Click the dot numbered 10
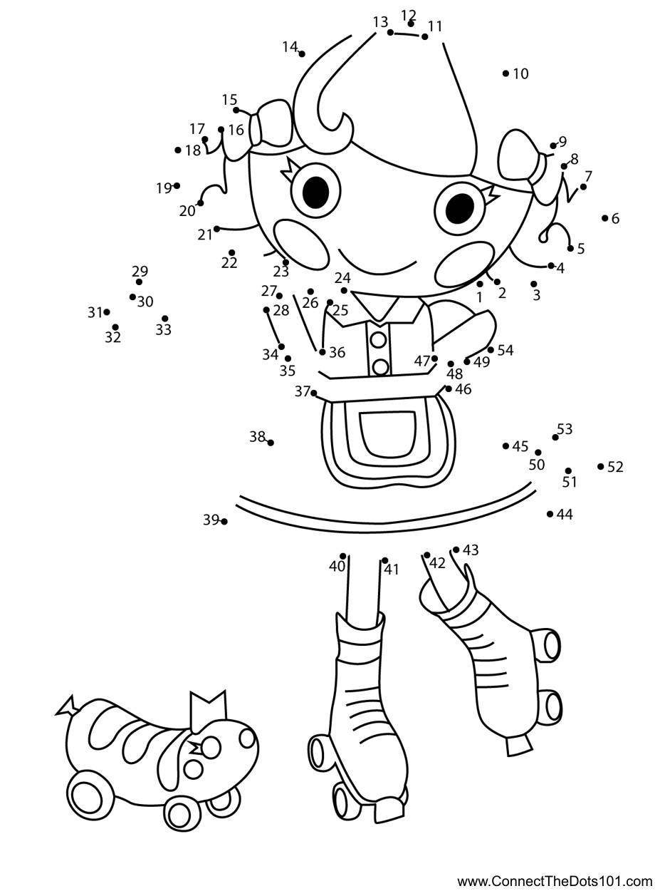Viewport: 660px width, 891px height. click(506, 73)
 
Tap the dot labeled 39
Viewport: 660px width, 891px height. click(224, 522)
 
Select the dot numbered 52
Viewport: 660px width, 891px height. click(601, 466)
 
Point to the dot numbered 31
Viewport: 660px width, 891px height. click(107, 311)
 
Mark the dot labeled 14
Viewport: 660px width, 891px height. click(302, 54)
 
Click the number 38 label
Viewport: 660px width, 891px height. click(257, 436)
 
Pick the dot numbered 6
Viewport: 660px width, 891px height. click(605, 218)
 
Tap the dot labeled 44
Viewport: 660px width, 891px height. click(550, 514)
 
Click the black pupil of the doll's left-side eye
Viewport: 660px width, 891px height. click(315, 191)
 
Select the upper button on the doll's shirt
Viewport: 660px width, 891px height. click(378, 340)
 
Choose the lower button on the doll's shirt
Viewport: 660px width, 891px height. click(380, 367)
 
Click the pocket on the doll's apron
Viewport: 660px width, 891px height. click(388, 434)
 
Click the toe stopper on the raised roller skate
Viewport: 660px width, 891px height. click(520, 746)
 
